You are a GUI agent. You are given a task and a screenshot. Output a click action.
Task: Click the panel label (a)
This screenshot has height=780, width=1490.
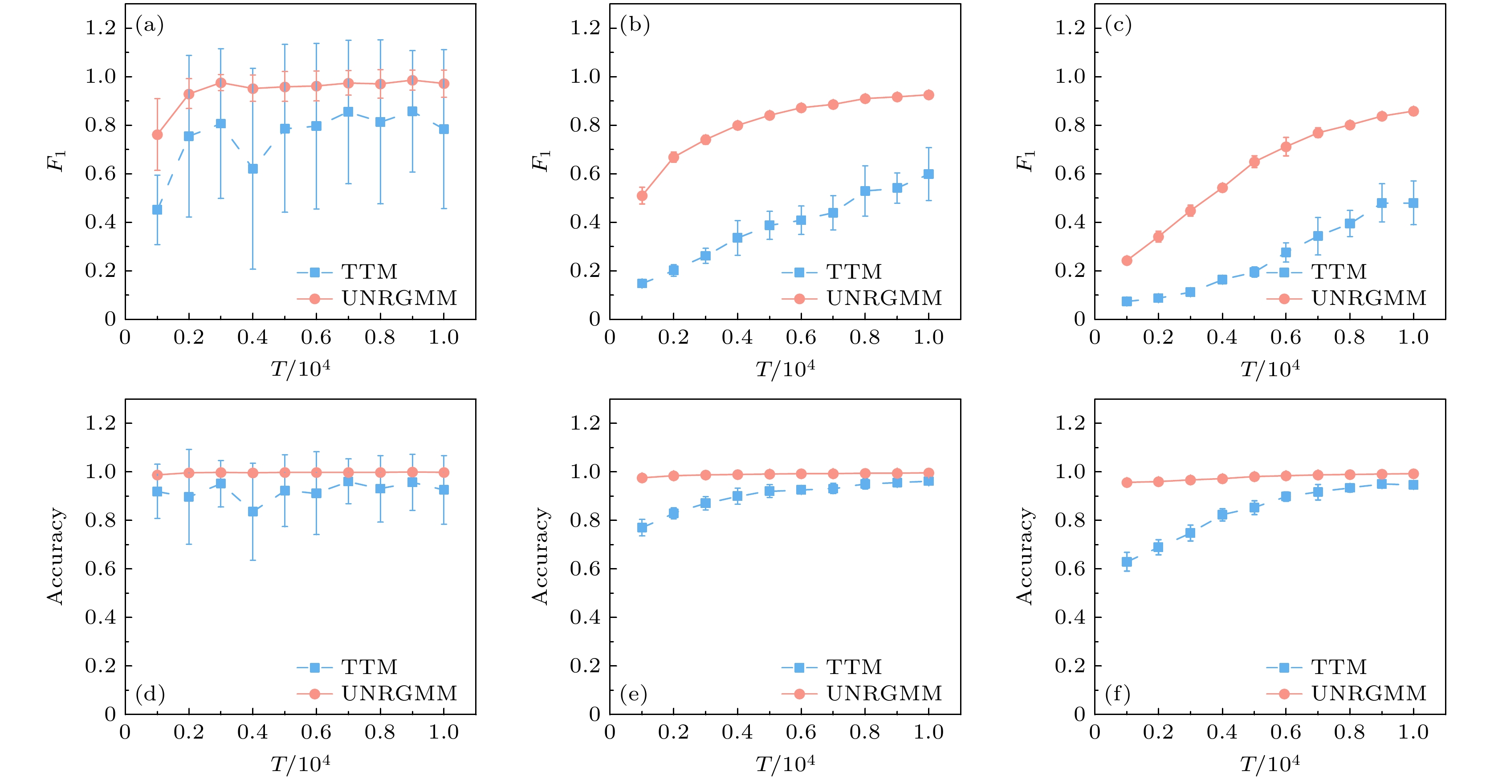[149, 25]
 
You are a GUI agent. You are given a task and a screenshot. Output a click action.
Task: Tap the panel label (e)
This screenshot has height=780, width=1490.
[633, 693]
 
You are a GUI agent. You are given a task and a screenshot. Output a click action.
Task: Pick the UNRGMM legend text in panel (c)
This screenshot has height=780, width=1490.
[1369, 298]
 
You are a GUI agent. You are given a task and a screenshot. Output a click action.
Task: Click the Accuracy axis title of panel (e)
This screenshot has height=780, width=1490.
[540, 556]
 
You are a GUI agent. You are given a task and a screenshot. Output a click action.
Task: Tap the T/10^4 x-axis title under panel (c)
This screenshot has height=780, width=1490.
[1270, 368]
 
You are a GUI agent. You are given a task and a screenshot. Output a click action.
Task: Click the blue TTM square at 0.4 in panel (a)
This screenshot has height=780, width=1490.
[253, 169]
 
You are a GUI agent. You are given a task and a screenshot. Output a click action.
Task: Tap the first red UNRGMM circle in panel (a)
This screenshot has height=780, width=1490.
[157, 135]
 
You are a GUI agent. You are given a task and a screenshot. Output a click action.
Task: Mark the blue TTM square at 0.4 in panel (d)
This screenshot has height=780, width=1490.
[253, 511]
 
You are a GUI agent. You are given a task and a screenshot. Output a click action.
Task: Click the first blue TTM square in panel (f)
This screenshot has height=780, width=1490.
[1127, 561]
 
